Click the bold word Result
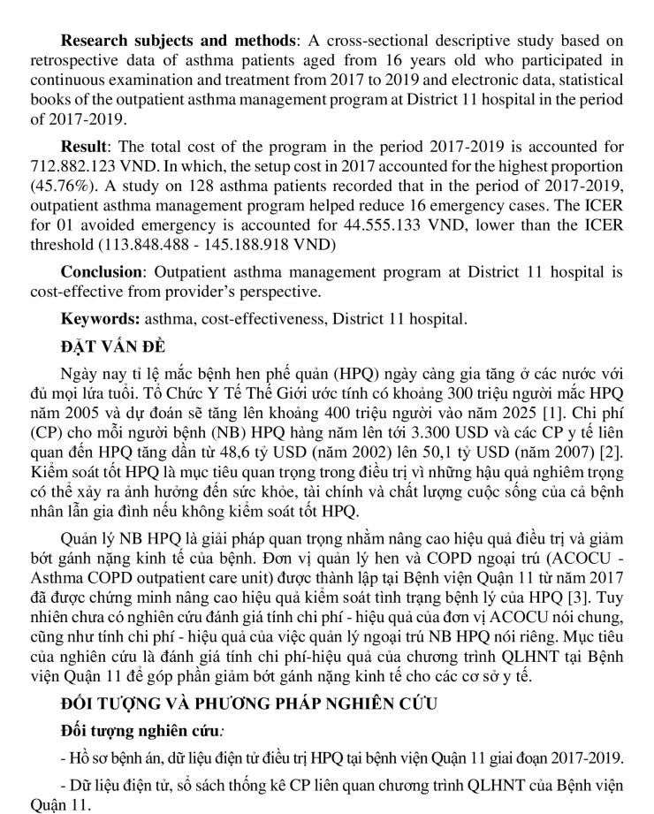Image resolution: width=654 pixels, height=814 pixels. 84,147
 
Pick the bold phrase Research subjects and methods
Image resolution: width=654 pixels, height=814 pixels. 178,41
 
